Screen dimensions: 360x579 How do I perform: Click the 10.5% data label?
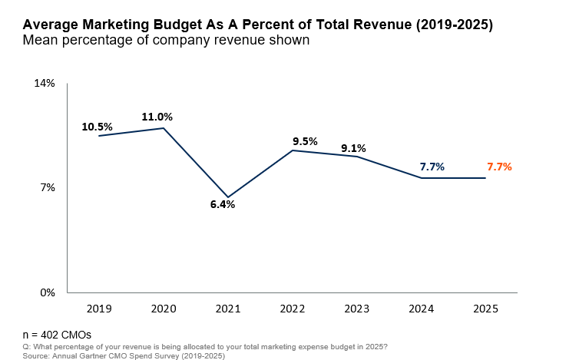pyautogui.click(x=98, y=127)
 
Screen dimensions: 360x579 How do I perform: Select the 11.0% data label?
pyautogui.click(x=157, y=117)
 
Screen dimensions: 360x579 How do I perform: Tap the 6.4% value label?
pyautogui.click(x=222, y=205)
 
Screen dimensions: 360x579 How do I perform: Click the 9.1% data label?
pyautogui.click(x=353, y=148)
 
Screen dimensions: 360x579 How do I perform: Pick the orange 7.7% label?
pyautogui.click(x=499, y=167)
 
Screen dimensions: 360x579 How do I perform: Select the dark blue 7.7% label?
pyautogui.click(x=432, y=167)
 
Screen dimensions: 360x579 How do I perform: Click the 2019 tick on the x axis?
pyautogui.click(x=99, y=309)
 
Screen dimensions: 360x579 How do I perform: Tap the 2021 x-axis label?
pyautogui.click(x=227, y=309)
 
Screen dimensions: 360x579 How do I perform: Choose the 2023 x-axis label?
pyautogui.click(x=356, y=309)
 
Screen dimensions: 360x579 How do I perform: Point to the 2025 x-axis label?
pyautogui.click(x=485, y=309)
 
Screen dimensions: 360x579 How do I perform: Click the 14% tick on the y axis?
pyautogui.click(x=45, y=83)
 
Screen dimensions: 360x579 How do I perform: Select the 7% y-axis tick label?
pyautogui.click(x=48, y=187)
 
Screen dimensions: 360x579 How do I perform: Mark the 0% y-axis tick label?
pyautogui.click(x=48, y=292)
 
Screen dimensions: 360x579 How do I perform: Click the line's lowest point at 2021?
pyautogui.click(x=227, y=197)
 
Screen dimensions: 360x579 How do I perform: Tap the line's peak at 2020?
pyautogui.click(x=164, y=127)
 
